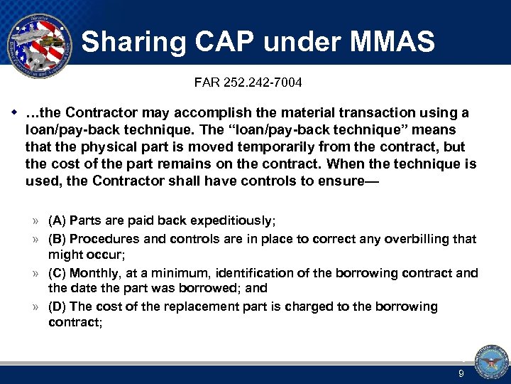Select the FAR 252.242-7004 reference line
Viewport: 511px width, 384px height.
[248, 83]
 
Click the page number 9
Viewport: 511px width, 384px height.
[461, 373]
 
